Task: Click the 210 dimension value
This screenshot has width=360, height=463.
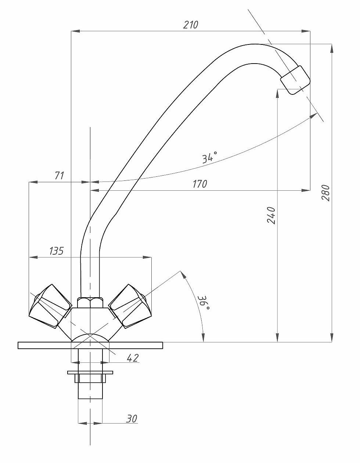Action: click(191, 25)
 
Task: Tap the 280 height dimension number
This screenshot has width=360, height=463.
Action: click(325, 193)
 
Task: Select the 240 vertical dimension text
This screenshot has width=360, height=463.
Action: click(271, 215)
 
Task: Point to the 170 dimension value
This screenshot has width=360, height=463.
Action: click(199, 184)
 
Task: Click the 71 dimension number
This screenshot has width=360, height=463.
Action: click(60, 175)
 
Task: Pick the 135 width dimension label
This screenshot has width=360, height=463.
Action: click(57, 251)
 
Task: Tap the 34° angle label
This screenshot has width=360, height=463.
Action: click(210, 158)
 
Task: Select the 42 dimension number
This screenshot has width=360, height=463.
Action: click(133, 358)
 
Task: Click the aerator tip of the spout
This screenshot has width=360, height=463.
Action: click(295, 80)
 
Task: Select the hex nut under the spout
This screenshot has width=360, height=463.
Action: click(90, 302)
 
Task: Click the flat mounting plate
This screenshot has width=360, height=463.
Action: click(90, 345)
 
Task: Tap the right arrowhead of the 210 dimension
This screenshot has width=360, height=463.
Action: click(306, 31)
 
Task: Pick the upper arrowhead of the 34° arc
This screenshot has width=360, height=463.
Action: click(313, 116)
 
